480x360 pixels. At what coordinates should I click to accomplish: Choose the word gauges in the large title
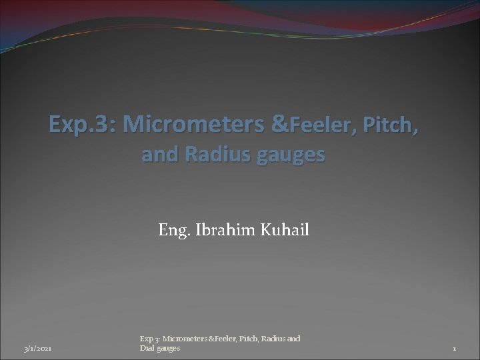290,155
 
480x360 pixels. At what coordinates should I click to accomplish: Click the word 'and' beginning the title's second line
156,155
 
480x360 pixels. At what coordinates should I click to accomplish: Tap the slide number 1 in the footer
454,349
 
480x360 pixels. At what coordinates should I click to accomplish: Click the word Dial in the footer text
147,349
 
